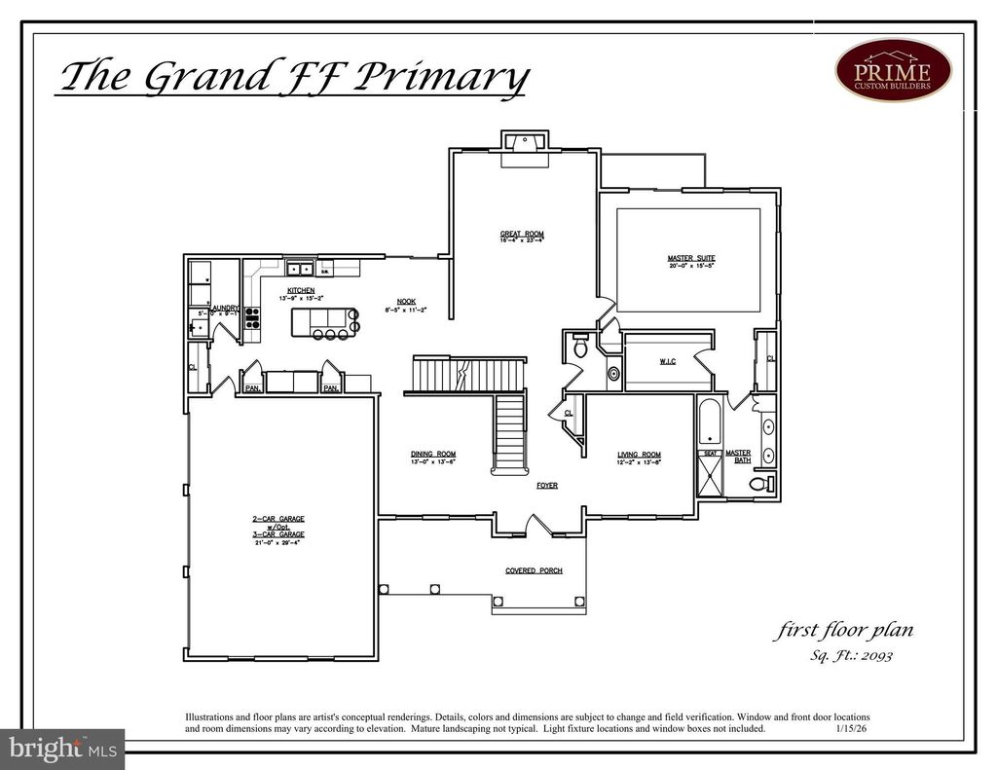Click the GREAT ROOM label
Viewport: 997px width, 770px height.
click(522, 234)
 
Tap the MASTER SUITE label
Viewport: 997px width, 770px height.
click(691, 258)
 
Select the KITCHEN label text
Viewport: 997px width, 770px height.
click(300, 290)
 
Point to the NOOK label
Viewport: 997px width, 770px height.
click(406, 301)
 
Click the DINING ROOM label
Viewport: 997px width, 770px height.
click(432, 455)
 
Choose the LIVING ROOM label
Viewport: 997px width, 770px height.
click(639, 455)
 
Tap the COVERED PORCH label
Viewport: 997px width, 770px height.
click(533, 570)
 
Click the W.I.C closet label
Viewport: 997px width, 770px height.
click(667, 362)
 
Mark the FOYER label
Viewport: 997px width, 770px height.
click(547, 485)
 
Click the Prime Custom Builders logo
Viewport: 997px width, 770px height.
click(893, 70)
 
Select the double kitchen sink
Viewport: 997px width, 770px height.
click(299, 269)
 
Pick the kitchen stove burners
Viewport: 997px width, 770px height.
click(251, 318)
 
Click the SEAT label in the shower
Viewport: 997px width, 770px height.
click(710, 453)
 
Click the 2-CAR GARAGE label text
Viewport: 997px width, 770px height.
click(278, 532)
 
